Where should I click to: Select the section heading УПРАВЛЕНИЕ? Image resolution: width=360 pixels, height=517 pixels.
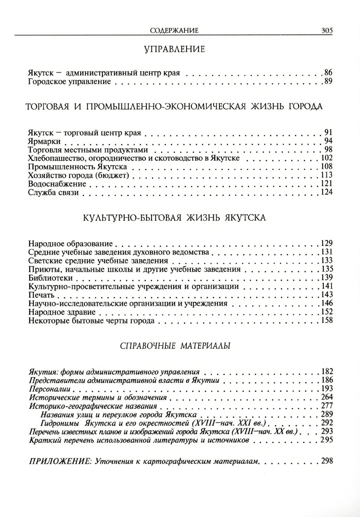pos(174,49)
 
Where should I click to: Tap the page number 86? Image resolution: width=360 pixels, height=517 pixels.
pos(328,73)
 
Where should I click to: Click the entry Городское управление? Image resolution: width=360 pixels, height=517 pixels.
pos(70,82)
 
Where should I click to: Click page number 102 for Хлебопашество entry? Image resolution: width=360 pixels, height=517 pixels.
pos(327,158)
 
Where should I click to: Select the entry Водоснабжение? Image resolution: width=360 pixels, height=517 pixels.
pos(57,184)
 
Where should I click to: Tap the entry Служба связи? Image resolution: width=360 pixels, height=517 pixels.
pos(54,193)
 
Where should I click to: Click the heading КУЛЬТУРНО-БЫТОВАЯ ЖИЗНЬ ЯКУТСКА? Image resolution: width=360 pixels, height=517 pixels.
pos(174,218)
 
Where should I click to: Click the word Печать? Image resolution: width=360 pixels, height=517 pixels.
pos(41,295)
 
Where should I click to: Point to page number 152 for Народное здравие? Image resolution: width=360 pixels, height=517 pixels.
pos(327,312)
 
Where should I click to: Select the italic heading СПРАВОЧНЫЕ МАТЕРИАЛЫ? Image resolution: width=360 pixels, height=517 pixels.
pos(174,345)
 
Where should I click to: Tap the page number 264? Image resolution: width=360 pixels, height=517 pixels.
pos(327,397)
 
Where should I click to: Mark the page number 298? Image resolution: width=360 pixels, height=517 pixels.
pos(327,461)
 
